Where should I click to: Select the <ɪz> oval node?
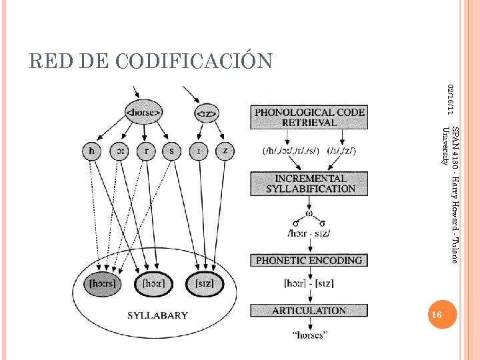click(x=204, y=114)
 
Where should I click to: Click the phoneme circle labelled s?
click(x=171, y=151)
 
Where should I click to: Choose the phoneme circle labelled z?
click(x=225, y=151)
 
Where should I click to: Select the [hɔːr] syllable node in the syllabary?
click(x=154, y=283)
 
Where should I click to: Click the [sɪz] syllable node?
click(x=204, y=283)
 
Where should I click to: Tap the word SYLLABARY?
click(x=157, y=315)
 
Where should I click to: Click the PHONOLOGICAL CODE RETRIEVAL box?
click(x=309, y=117)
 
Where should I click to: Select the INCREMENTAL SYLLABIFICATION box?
click(x=310, y=183)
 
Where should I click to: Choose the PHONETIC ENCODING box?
click(x=309, y=260)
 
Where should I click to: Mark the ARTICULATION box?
click(x=309, y=311)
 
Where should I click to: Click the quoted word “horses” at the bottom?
click(x=309, y=335)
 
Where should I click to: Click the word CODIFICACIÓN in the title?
click(x=194, y=61)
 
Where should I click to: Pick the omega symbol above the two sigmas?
click(x=309, y=214)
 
